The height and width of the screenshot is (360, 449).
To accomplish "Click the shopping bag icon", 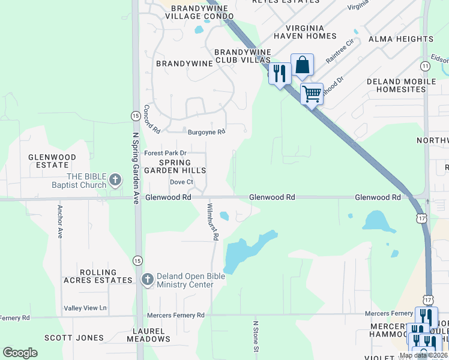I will (303, 65).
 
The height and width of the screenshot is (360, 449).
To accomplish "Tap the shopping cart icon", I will (312, 93).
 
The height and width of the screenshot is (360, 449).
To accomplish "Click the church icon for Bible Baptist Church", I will (116, 179).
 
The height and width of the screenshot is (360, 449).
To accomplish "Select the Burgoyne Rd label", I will (206, 132).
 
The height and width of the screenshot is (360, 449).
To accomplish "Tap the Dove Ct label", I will (181, 182).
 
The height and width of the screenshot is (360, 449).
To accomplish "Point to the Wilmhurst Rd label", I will (211, 221).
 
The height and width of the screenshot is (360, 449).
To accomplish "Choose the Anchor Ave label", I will (60, 222).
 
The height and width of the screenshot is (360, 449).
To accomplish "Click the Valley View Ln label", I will (85, 308).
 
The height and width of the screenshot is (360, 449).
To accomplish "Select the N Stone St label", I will (255, 336).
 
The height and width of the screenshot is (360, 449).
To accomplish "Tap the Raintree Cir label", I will (340, 50).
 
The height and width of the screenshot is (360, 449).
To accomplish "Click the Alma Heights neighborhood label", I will (400, 39).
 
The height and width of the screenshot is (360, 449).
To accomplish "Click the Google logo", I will (20, 353).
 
